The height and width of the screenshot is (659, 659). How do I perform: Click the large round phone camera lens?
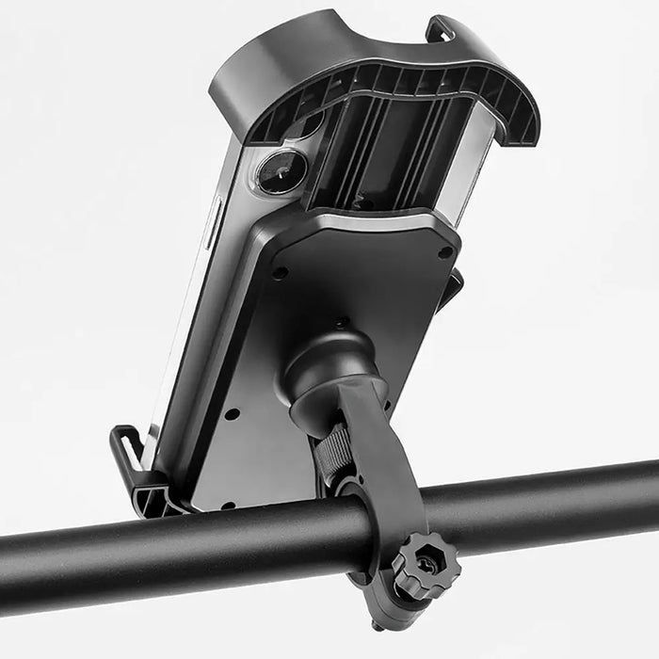pos(282,173)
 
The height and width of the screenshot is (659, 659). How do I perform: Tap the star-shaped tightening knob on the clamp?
pos(425,565)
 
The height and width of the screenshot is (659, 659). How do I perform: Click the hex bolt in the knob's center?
pos(426,565)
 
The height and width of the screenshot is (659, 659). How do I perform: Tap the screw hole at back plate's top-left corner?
pos(280,273)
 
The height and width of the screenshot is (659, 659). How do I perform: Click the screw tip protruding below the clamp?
pos(377,622)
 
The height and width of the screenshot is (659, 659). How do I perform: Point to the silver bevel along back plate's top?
pos(377,221)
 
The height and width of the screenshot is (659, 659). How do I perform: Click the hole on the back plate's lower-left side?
pos(232,413)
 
